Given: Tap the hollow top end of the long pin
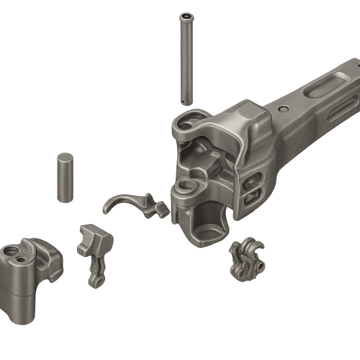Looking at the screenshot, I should [x=187, y=15].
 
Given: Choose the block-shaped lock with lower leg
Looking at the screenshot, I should [x=94, y=252].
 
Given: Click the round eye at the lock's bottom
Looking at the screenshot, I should [x=94, y=280].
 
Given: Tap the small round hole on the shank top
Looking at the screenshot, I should [x=282, y=109].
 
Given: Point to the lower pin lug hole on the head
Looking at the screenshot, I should [x=185, y=189].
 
